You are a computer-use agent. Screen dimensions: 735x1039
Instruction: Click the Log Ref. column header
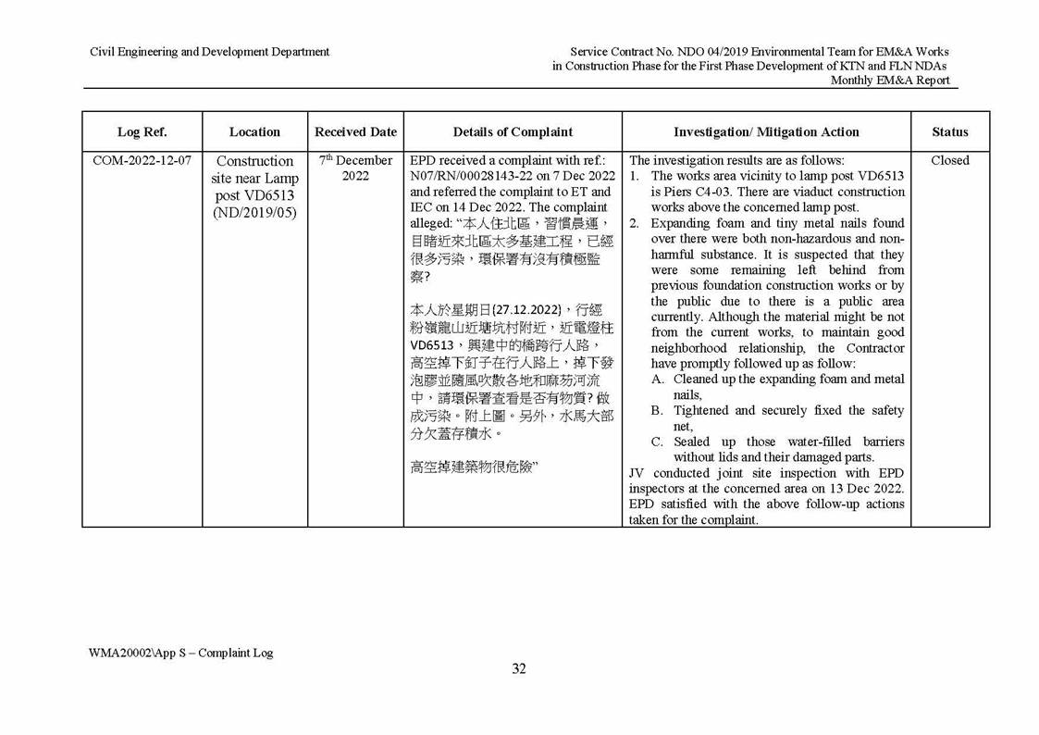[142, 132]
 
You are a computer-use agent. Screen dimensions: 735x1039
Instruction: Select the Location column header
[254, 132]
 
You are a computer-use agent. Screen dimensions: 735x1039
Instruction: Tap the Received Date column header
[355, 132]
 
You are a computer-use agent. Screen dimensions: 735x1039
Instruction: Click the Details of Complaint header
[513, 132]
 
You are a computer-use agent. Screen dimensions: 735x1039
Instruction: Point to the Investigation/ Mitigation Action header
[766, 132]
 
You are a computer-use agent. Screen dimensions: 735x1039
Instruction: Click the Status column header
[949, 132]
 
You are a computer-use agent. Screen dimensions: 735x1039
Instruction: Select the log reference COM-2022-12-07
[142, 161]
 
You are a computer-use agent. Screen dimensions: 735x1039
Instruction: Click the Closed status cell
[949, 161]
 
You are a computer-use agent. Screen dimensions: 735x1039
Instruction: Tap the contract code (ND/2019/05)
[254, 212]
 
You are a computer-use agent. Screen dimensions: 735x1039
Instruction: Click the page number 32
[519, 669]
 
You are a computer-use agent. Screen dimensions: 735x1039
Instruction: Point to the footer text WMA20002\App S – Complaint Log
[180, 653]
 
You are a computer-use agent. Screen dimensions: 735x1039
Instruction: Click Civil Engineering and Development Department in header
[209, 52]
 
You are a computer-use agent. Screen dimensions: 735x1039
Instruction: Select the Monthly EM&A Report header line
[889, 81]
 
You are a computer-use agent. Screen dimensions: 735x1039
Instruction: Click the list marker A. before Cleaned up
[658, 380]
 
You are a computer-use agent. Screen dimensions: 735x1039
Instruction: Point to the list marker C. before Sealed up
[658, 442]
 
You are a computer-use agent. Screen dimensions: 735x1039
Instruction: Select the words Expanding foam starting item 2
[700, 223]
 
